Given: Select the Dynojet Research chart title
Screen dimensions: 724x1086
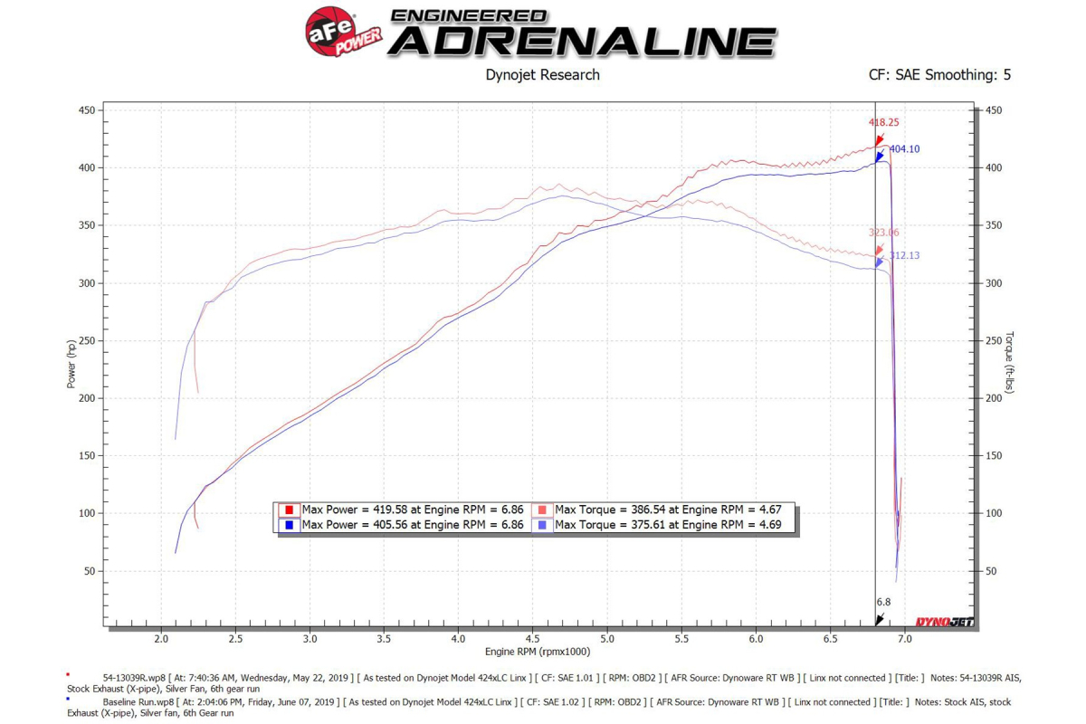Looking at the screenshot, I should coord(542,75).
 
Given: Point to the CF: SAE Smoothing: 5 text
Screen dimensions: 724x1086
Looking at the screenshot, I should coord(939,75).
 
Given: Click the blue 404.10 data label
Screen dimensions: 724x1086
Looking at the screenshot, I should coord(904,149).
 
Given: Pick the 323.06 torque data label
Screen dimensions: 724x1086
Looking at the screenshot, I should coord(883,233).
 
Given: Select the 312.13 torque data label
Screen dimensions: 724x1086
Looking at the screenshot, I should coord(904,256).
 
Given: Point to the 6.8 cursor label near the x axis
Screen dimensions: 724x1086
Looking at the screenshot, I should coord(883,602).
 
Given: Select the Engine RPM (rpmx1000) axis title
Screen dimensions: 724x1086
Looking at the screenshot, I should coord(538,653).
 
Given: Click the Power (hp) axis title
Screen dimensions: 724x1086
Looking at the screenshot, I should coord(71,364).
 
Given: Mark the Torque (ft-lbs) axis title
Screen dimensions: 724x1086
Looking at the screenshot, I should coord(1010,364).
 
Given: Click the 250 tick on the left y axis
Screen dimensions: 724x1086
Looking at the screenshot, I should coord(87,340).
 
